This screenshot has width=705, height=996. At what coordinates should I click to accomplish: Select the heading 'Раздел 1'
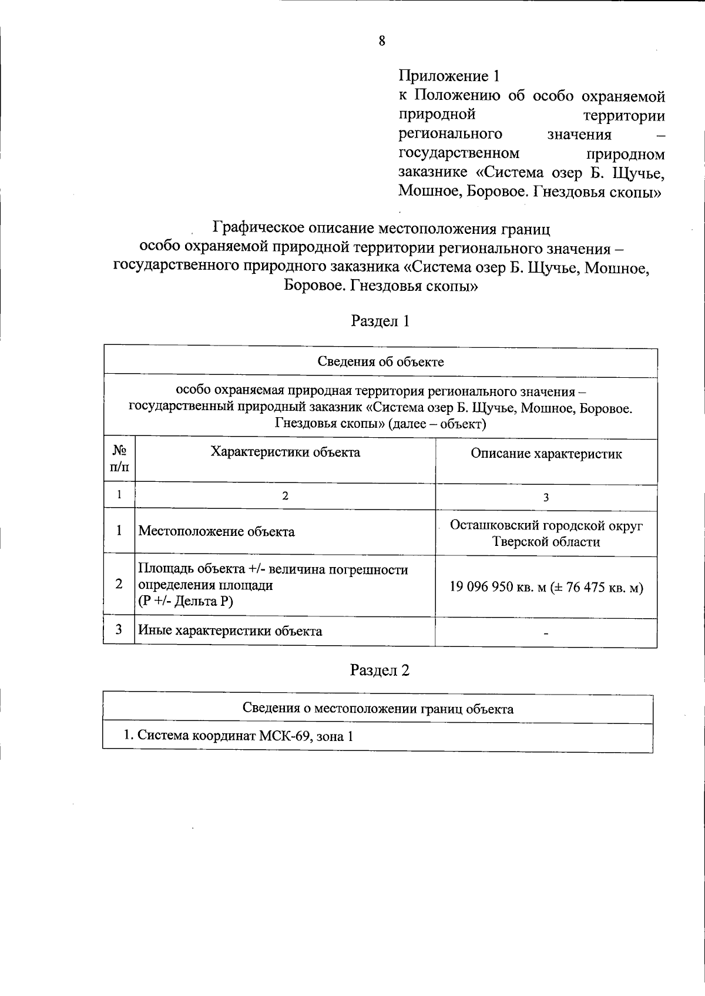[x=380, y=321]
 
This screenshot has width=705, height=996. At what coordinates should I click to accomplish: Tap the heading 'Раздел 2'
[x=380, y=670]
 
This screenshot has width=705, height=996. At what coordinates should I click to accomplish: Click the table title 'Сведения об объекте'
[x=381, y=361]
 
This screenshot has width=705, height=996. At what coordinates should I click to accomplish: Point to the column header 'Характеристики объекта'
[x=285, y=452]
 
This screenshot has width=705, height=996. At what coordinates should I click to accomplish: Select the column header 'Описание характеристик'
[x=546, y=454]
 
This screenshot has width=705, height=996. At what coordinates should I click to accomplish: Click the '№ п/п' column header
[x=119, y=460]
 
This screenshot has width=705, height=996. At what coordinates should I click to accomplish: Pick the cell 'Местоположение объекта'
[x=216, y=532]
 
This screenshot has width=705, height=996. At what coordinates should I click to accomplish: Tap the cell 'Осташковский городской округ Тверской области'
[x=546, y=534]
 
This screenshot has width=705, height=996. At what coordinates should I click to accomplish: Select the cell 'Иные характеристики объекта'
[x=230, y=631]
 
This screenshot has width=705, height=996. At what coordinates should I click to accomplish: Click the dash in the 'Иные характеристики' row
[x=546, y=633]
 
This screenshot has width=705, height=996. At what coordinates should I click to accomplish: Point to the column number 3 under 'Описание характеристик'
[x=546, y=498]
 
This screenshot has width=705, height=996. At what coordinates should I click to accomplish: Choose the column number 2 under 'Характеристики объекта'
[x=285, y=496]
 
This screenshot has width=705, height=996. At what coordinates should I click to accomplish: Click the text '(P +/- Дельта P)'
[x=186, y=601]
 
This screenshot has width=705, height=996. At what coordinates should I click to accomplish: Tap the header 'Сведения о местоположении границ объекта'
[x=378, y=709]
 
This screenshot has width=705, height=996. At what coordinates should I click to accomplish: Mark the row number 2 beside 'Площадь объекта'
[x=119, y=584]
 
